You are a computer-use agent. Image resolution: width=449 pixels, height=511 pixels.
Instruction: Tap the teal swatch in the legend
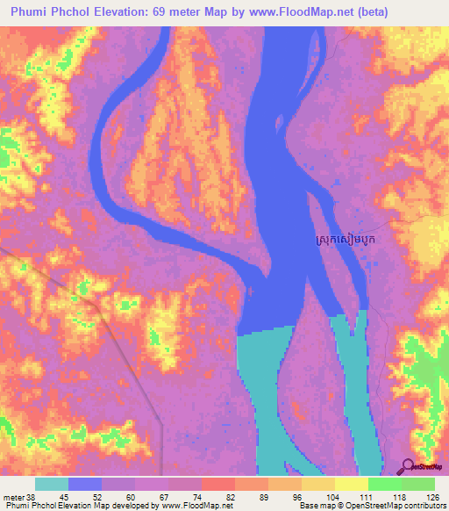coord(52,484)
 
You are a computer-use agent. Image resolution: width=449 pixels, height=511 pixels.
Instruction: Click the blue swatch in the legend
coord(85,484)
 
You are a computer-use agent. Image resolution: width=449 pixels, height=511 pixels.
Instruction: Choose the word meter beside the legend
coord(14,497)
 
